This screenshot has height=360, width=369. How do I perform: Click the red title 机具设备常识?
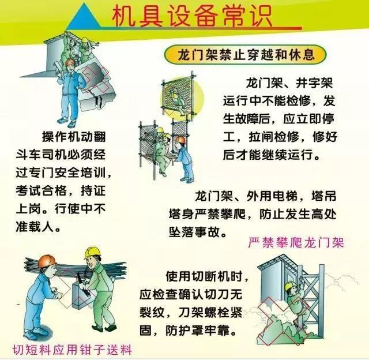coord(192,16)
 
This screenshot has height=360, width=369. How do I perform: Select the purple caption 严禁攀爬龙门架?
coord(296,243)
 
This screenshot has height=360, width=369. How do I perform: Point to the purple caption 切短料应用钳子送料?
coord(73,349)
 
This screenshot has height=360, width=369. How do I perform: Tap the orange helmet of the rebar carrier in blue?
coord(47,261)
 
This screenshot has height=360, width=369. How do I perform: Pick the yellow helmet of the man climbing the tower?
coord(291,286)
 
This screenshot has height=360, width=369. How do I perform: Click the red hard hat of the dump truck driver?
coord(70,62)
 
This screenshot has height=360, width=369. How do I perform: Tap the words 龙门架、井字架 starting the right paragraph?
coord(289,83)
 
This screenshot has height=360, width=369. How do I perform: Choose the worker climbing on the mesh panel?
coord(177,101)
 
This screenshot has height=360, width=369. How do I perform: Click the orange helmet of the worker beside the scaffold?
coord(180,140)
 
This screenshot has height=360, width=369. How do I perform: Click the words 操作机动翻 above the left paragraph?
coord(74,137)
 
